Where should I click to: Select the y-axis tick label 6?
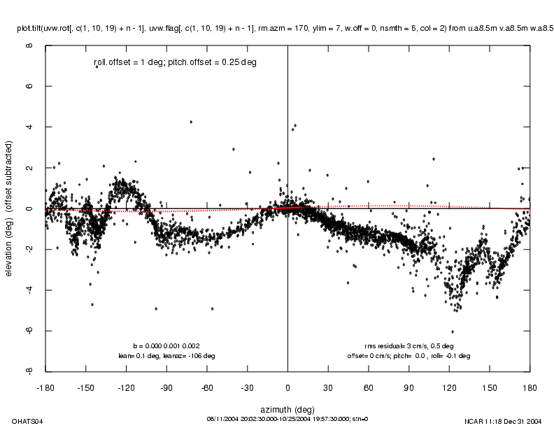click(29, 86)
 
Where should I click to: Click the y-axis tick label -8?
click(29, 371)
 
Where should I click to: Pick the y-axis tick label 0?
click(29, 208)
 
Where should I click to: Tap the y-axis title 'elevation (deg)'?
click(10, 208)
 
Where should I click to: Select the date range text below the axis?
click(287, 419)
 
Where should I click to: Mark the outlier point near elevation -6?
click(452, 331)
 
